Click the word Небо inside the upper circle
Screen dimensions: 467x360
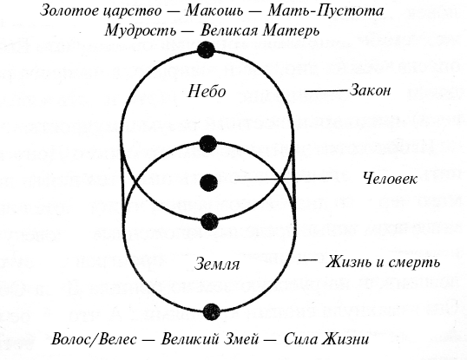tap(207, 91)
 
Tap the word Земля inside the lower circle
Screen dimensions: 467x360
tap(216, 264)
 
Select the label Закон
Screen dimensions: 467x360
tap(370, 90)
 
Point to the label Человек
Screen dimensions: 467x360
tap(390, 179)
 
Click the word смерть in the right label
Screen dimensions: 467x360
tap(416, 263)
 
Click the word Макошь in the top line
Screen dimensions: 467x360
tap(214, 11)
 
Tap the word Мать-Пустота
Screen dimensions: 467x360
tap(326, 11)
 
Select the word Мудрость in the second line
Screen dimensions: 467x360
tap(141, 30)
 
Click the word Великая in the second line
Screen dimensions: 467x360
tap(228, 30)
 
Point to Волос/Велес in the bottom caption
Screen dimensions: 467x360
tap(94, 339)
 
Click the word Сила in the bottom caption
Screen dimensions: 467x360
tap(299, 339)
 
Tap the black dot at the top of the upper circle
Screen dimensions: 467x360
tap(206, 49)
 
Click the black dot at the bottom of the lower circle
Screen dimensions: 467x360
tap(212, 311)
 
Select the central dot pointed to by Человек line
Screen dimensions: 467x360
tap(208, 183)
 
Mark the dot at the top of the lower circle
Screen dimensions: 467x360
tap(207, 143)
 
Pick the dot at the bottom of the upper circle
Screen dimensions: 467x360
tap(210, 221)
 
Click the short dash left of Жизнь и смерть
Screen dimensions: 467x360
tap(308, 260)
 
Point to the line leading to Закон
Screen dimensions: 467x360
tap(326, 90)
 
